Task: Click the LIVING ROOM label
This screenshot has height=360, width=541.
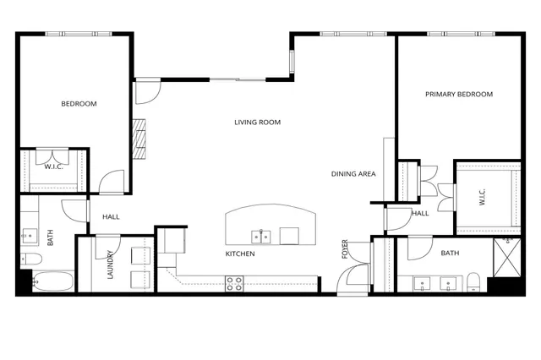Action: point(257,123)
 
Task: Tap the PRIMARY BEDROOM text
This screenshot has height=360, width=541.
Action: point(458,95)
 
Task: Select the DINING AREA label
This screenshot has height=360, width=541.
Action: point(352,174)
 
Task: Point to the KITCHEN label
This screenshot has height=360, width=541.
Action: point(240,254)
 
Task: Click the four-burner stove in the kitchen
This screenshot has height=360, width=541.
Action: point(234,283)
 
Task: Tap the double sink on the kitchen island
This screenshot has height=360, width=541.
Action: point(262,236)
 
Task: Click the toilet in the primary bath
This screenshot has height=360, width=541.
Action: point(473,281)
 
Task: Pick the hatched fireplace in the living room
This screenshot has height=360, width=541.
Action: point(139,139)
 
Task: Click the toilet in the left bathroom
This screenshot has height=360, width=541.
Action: point(30,257)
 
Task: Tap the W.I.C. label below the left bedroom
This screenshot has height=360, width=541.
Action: point(54,166)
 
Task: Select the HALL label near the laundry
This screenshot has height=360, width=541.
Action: point(111,217)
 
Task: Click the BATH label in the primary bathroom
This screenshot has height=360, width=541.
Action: point(450,254)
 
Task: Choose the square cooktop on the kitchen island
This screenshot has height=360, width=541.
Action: point(289,236)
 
